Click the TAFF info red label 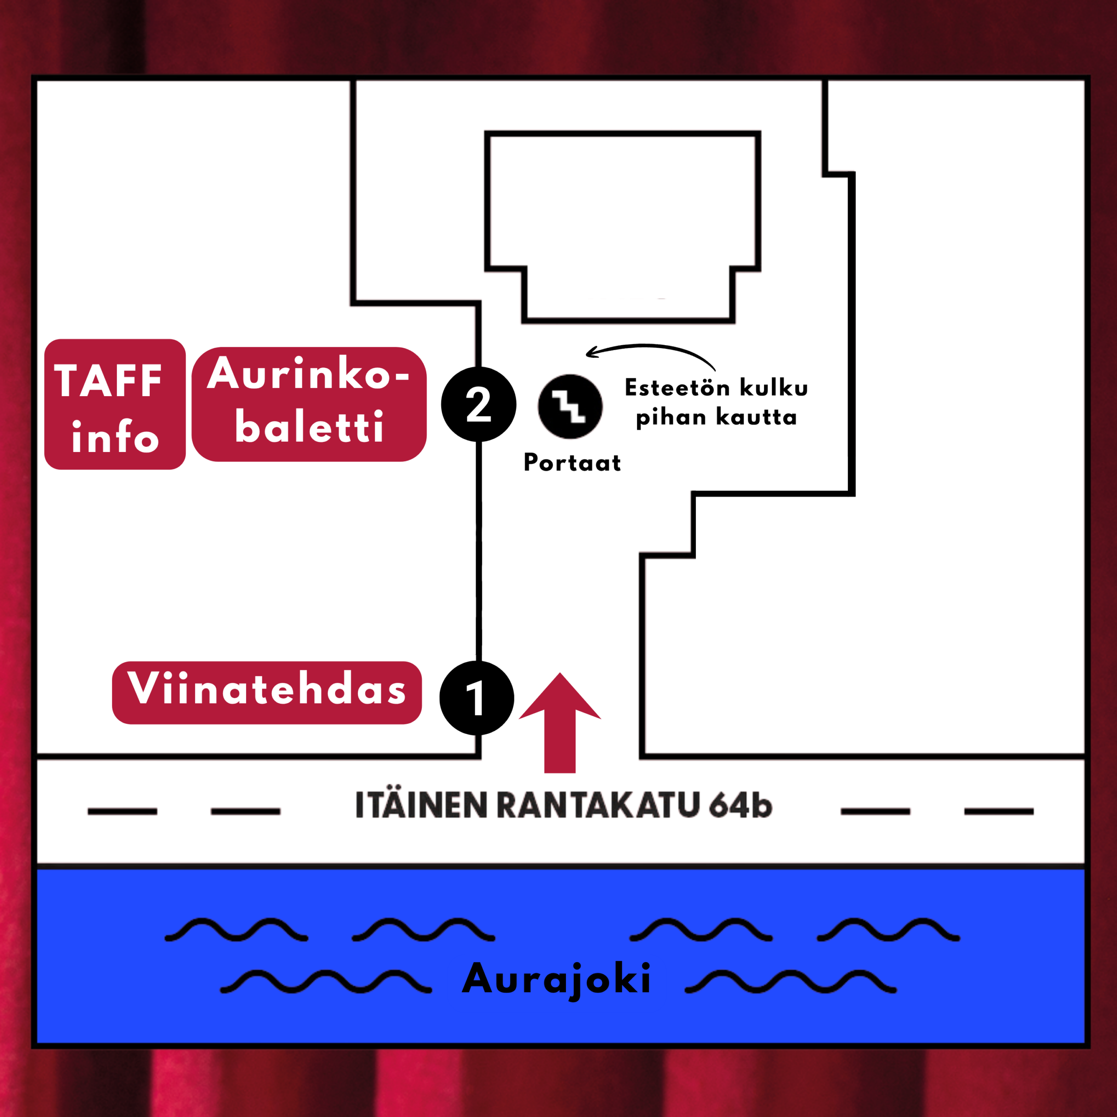tap(115, 404)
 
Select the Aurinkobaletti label tap(309, 404)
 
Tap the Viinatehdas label tap(267, 692)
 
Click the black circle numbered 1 tap(477, 698)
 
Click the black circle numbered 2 tap(479, 404)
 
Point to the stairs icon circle tap(570, 407)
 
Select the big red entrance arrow tap(560, 723)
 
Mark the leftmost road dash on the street tap(123, 812)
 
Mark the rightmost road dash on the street tap(999, 812)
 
